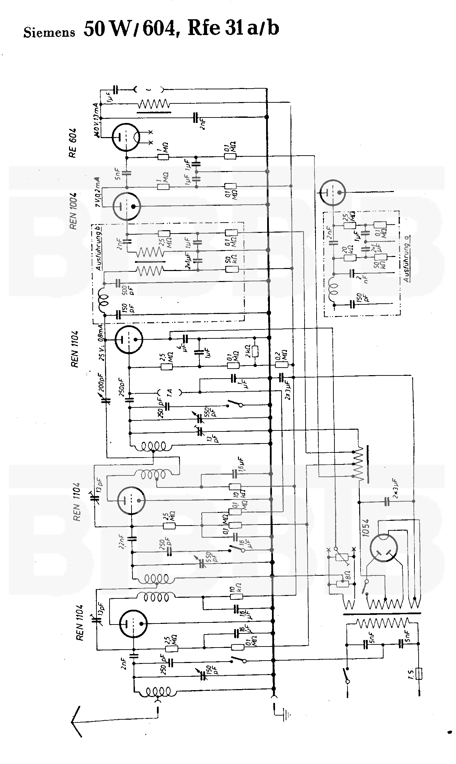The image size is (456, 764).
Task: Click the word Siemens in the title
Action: tap(49, 32)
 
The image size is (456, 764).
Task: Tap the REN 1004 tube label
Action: tap(73, 206)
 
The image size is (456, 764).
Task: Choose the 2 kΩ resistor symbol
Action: tap(255, 351)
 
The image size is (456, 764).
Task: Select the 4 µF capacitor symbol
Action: tap(185, 338)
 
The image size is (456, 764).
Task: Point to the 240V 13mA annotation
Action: tap(98, 121)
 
